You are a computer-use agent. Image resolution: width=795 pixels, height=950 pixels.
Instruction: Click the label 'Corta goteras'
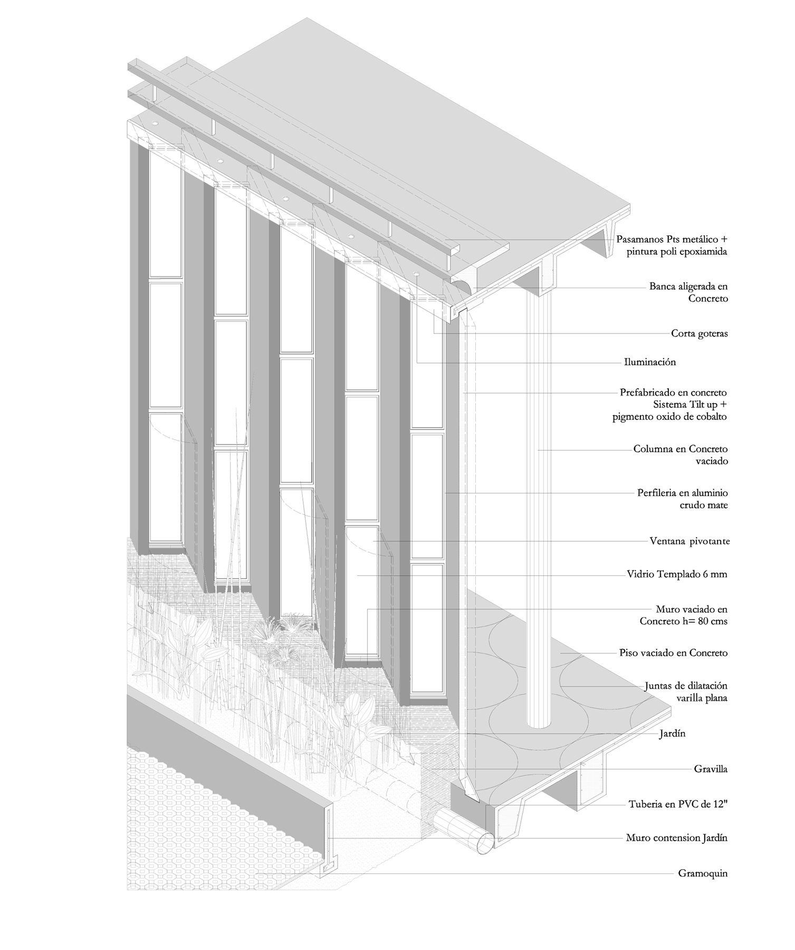[699, 334]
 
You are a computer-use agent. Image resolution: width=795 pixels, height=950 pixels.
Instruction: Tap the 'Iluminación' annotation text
[649, 362]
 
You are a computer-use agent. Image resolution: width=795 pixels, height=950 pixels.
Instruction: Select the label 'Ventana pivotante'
[689, 541]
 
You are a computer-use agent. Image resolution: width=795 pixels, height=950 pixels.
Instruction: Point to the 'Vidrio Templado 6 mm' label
[677, 574]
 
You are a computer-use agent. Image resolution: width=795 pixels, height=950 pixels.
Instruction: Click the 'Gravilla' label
[711, 769]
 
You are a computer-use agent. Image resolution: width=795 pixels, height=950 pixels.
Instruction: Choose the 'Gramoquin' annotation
[703, 873]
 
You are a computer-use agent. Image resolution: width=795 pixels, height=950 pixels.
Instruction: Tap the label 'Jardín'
[672, 734]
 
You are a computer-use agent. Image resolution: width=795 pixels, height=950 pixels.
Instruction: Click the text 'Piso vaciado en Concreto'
[673, 653]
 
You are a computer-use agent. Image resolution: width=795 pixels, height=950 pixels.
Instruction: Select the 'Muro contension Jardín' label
[676, 838]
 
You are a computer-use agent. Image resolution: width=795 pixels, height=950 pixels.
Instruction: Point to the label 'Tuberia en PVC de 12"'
[678, 805]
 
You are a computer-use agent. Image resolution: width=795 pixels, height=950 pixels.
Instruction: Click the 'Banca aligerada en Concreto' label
[688, 292]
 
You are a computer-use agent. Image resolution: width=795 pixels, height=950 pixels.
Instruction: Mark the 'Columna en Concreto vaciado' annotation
[681, 455]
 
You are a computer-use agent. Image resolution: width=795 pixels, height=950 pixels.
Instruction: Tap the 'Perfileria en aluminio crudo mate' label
[683, 499]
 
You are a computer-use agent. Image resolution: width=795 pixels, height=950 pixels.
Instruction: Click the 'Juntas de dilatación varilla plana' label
[686, 692]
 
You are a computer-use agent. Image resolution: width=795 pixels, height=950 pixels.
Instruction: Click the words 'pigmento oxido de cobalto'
[670, 416]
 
